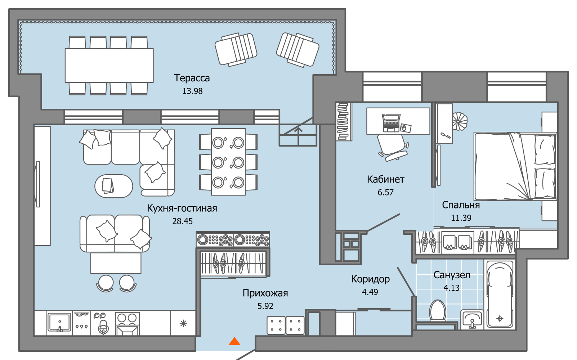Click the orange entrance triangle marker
click(x=234, y=341)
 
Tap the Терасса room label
click(x=192, y=78)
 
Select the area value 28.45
click(x=182, y=221)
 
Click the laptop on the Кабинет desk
click(x=391, y=122)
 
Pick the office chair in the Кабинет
click(x=393, y=147)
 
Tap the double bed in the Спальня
click(x=515, y=166)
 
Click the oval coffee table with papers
click(x=113, y=186)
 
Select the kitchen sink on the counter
click(x=59, y=322)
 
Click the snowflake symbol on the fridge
click(x=183, y=323)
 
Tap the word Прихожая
click(x=265, y=293)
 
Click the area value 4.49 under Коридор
click(x=370, y=292)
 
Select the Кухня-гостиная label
click(x=182, y=208)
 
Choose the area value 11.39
click(x=461, y=218)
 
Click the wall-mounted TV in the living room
click(x=37, y=184)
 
